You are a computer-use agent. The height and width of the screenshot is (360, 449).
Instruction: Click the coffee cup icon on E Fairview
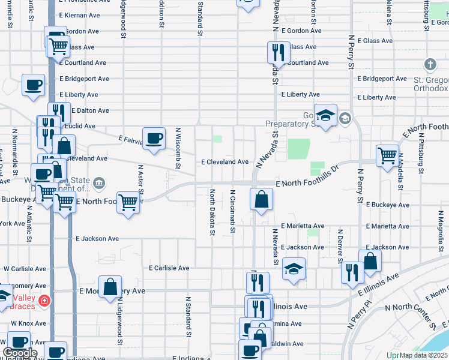click(x=154, y=139)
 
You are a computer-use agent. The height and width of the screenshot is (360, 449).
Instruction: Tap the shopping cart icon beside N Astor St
click(x=128, y=202)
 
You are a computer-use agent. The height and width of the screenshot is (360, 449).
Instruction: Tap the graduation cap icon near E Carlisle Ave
click(x=294, y=269)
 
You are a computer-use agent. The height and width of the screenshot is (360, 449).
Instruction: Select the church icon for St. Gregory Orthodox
click(x=430, y=64)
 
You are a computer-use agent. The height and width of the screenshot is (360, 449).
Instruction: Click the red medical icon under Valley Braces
click(x=43, y=301)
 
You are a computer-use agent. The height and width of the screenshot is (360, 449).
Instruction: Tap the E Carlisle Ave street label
click(x=169, y=268)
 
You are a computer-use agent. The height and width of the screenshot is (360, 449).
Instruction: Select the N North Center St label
click(x=411, y=316)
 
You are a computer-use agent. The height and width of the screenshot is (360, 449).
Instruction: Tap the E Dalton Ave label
click(x=84, y=110)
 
